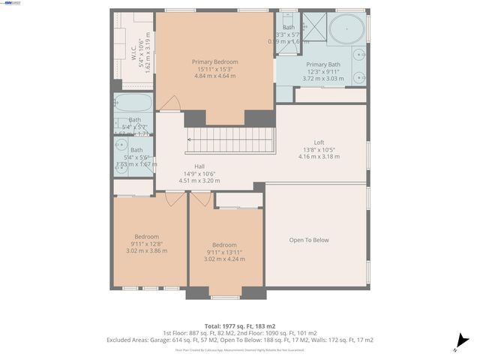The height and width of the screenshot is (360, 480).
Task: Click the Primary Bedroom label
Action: (214, 61)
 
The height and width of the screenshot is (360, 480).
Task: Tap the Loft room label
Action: (319, 142)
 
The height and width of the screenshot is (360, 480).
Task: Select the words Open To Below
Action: (309, 240)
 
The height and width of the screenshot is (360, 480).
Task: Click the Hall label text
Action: (199, 167)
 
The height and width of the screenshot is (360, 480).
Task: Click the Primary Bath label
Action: (322, 65)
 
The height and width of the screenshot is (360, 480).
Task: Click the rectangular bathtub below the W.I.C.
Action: (133, 103)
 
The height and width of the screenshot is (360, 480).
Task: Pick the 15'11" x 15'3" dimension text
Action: (214, 69)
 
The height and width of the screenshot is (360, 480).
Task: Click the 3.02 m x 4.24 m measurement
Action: (224, 259)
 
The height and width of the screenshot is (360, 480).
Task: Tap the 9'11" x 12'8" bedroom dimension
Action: (146, 244)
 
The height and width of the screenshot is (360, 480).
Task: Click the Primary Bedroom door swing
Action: (172, 103)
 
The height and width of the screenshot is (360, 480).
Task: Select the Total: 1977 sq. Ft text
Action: (239, 325)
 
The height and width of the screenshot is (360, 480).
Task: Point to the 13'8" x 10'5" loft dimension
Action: (319, 150)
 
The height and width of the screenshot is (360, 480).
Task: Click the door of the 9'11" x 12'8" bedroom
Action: (175, 198)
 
